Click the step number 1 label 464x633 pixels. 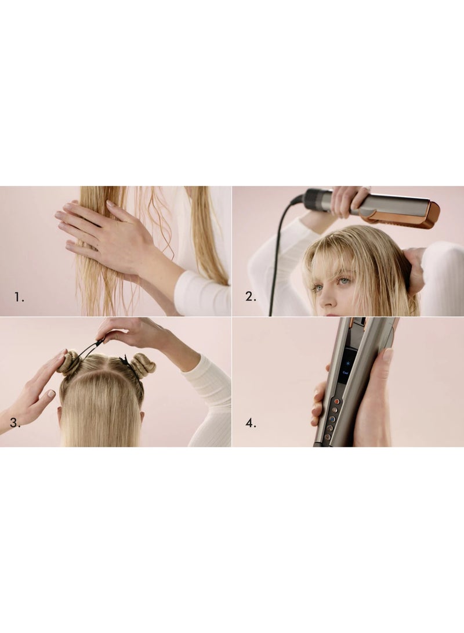coord(19,297)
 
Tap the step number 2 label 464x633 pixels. coord(250,297)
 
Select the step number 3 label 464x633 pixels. coord(14,423)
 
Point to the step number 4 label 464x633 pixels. coord(250,423)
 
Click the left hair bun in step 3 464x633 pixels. coord(69,362)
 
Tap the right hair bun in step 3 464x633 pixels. coord(143,365)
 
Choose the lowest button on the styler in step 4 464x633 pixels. coord(328,436)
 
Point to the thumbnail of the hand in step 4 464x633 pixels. coord(387,356)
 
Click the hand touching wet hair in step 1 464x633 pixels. coord(104,232)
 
